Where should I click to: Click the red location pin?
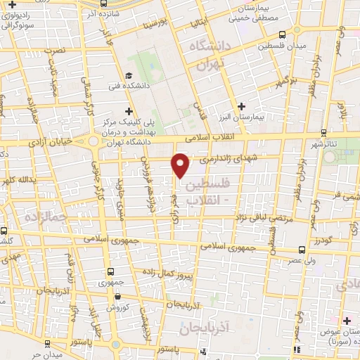[x=181, y=165]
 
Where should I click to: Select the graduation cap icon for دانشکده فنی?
[x=128, y=76]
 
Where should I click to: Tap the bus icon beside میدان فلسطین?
[x=281, y=34]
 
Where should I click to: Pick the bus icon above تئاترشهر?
[x=323, y=131]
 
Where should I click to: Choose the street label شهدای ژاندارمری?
[x=229, y=160]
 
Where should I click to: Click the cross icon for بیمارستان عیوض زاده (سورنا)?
[x=347, y=321]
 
